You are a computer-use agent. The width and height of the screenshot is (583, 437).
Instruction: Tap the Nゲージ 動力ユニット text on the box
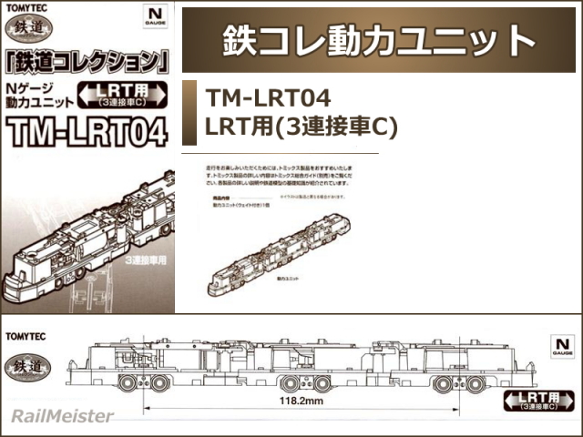pyautogui.click(x=36, y=95)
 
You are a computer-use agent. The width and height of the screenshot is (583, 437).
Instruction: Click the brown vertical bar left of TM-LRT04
pyautogui.click(x=189, y=112)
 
